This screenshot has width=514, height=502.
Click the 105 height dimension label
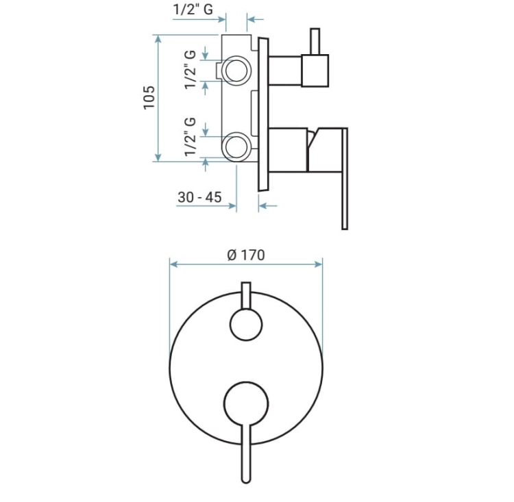point(149,98)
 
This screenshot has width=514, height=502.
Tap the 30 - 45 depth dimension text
point(199,197)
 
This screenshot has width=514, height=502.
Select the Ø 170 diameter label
point(246,255)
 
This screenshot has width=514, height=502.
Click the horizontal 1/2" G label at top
point(193,9)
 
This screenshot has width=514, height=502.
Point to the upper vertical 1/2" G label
point(190,69)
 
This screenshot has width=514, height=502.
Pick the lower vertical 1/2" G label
point(190,136)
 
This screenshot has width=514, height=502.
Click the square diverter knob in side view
point(315,71)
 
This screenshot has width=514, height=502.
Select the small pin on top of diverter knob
point(315,41)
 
